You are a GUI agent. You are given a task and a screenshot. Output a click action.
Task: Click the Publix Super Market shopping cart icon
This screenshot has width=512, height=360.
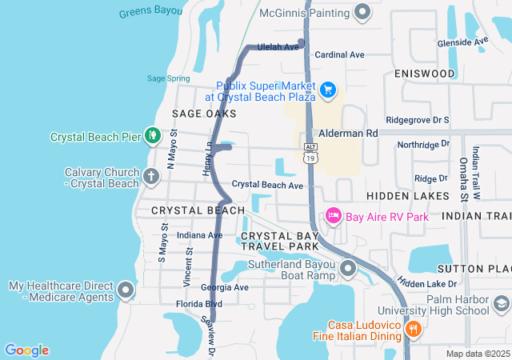(x=328, y=91)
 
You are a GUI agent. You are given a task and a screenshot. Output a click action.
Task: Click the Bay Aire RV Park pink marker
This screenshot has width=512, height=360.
(x=334, y=216)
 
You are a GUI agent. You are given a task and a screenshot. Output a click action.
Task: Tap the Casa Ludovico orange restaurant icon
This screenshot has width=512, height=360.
(x=413, y=328)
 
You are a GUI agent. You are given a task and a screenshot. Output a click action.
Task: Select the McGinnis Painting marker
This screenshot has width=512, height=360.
(x=362, y=12)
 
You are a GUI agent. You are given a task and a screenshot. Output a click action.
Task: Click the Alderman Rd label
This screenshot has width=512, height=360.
(x=348, y=134)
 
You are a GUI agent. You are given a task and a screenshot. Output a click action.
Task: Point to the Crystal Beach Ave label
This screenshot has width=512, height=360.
(x=267, y=185)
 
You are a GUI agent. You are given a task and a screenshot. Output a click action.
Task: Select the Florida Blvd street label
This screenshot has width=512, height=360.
(x=199, y=304)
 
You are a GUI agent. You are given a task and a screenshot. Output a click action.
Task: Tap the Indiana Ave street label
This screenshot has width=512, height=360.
(x=199, y=235)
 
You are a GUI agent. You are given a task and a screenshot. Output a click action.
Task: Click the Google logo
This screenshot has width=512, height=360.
(x=26, y=350)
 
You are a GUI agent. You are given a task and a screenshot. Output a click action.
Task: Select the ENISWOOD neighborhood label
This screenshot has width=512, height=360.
(x=425, y=74)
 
